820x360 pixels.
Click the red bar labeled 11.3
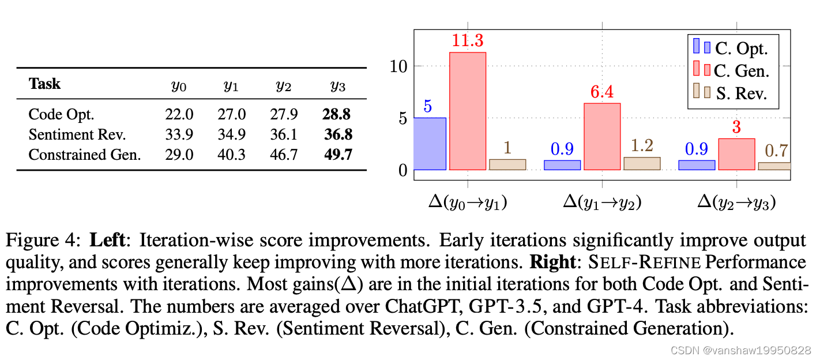click(x=468, y=111)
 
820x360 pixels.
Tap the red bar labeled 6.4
click(x=602, y=137)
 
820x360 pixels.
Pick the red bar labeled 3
click(x=736, y=154)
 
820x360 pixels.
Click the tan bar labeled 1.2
click(x=642, y=163)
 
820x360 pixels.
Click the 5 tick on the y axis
click(x=403, y=118)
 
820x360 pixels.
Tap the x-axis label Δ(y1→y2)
click(x=602, y=202)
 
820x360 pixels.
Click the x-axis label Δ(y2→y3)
click(x=736, y=202)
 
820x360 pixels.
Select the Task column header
click(x=44, y=84)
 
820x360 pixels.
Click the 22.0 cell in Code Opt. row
click(x=179, y=114)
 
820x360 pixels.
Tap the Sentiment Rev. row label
click(x=77, y=134)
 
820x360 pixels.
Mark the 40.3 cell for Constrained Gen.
click(x=231, y=155)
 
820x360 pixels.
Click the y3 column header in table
click(x=337, y=86)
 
